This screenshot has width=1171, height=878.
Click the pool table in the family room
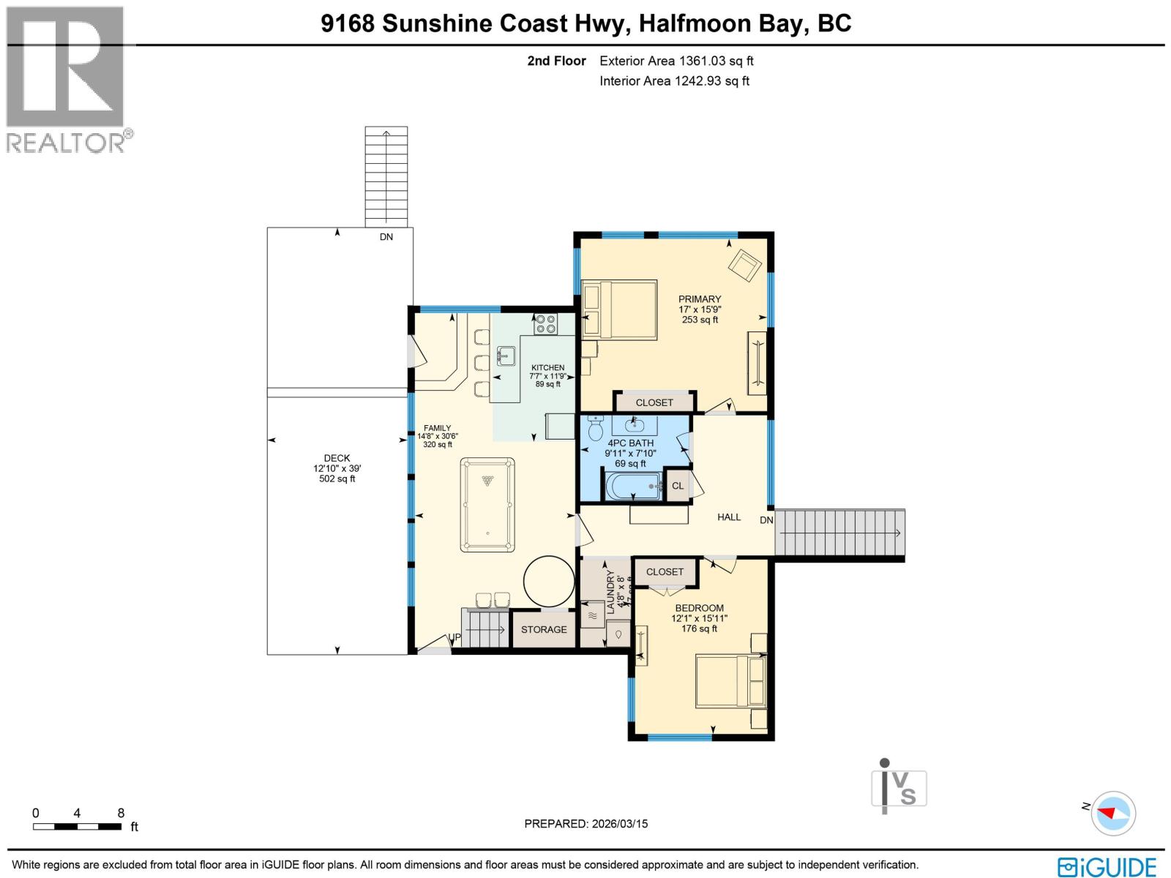point(487,505)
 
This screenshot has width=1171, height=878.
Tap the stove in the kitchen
point(545,323)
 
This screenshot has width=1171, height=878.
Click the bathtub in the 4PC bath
point(633,486)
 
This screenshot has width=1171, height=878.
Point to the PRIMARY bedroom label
point(700,299)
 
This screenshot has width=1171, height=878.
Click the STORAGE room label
point(544,629)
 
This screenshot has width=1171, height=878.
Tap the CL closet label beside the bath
point(678,486)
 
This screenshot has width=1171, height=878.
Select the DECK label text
point(337,458)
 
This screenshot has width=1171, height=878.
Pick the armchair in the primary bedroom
point(744,265)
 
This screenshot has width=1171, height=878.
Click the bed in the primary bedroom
point(619,309)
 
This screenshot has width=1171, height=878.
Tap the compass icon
point(1114,813)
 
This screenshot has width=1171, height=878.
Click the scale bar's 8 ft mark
point(121,813)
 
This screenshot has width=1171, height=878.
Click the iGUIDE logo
point(1107,867)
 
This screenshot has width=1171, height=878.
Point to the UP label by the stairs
point(454,637)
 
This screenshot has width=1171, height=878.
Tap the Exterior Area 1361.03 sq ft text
point(676,61)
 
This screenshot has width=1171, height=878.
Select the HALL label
point(729,517)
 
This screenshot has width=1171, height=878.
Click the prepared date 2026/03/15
point(618,824)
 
